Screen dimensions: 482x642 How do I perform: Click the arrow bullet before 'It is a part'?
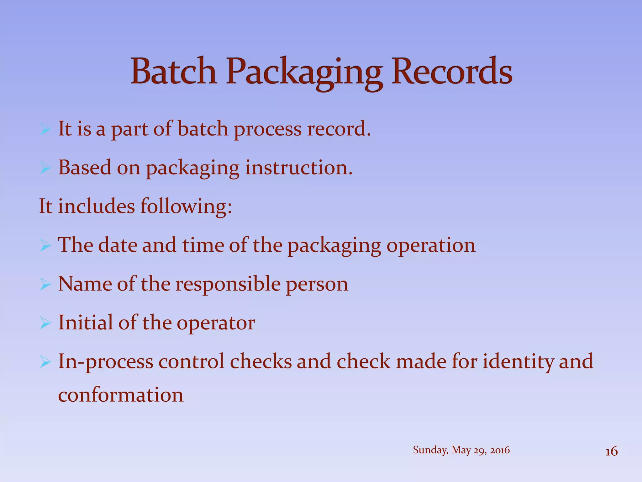tap(45, 129)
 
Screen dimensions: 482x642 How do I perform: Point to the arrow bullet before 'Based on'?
tap(45, 168)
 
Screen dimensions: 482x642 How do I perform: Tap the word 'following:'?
tap(186, 207)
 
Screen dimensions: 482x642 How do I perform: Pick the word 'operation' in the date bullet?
tap(431, 245)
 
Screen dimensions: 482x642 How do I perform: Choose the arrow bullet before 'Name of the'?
tap(45, 285)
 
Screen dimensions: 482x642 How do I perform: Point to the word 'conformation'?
tap(121, 395)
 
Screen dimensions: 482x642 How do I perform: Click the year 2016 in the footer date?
tap(500, 450)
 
